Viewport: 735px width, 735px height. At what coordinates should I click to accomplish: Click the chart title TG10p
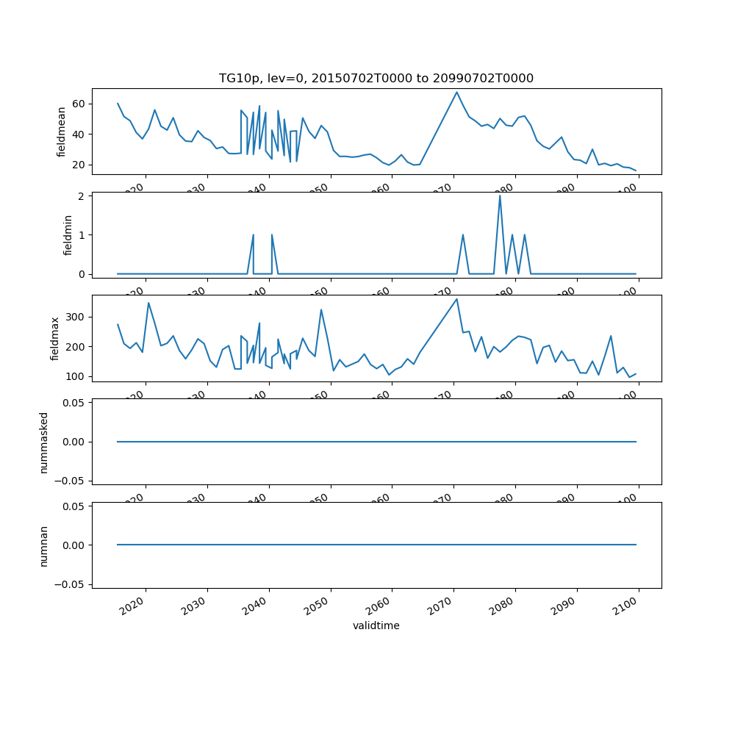pos(376,78)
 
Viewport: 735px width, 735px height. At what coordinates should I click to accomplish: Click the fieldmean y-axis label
pos(62,132)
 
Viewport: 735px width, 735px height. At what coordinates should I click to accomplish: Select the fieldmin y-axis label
pos(68,235)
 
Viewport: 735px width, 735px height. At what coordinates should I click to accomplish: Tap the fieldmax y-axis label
pos(54,338)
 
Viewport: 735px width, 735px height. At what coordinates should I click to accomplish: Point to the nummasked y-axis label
pos(43,442)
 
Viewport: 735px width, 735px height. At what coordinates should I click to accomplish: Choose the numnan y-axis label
pos(43,545)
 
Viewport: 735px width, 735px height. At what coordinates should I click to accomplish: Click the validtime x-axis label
pos(376,626)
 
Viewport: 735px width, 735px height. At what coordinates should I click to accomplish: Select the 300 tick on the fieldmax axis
pos(75,317)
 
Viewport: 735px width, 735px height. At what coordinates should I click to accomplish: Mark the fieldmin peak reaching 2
pos(500,196)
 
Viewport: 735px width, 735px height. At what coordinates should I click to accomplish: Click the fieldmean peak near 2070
pos(456,92)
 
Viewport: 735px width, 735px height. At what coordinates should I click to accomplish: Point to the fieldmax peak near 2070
pos(456,299)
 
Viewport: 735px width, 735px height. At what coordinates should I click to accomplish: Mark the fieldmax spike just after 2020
pos(148,303)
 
